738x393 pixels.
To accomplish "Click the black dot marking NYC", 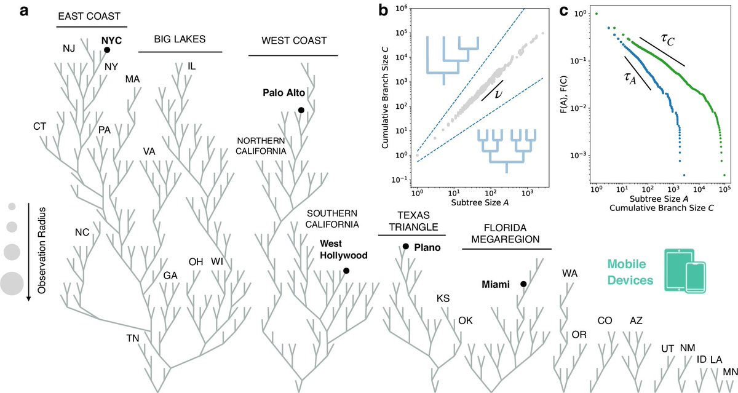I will [x=106, y=50].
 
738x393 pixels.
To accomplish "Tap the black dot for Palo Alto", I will [x=301, y=110].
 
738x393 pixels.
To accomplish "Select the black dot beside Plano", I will [x=406, y=247].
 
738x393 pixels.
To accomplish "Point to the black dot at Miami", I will [x=523, y=284].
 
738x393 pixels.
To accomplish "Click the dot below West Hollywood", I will [x=346, y=271].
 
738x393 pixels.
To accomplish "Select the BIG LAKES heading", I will [x=179, y=39].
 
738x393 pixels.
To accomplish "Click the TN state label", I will [x=133, y=338].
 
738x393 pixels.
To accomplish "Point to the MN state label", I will [x=731, y=371].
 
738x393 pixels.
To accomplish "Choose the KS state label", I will [x=443, y=298].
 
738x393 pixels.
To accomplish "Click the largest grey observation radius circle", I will [x=12, y=284].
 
